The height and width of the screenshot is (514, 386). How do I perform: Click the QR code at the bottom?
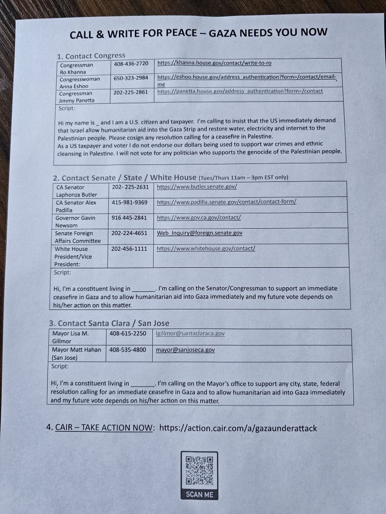click(199, 471)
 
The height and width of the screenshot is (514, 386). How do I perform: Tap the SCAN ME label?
click(199, 494)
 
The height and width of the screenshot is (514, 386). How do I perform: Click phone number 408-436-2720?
click(131, 64)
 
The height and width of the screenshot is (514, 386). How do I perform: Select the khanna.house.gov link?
click(214, 63)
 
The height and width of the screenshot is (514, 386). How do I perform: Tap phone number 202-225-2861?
click(131, 93)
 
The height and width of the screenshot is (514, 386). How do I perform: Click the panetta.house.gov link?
click(240, 91)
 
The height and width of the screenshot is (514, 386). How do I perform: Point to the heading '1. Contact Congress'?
click(92, 56)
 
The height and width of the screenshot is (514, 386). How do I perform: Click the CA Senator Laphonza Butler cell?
click(78, 191)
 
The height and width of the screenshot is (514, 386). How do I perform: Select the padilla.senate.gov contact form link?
click(226, 201)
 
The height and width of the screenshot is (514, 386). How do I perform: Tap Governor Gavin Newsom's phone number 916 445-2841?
click(129, 218)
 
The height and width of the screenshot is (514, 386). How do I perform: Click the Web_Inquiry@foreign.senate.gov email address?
click(200, 233)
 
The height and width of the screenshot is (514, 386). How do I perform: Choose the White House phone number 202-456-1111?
click(129, 249)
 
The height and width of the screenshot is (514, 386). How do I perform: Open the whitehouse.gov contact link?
click(206, 249)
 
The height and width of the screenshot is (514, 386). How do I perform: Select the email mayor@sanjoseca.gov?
click(185, 350)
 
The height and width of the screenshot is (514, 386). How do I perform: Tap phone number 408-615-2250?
click(128, 334)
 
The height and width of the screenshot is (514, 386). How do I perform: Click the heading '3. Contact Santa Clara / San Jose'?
click(109, 323)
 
